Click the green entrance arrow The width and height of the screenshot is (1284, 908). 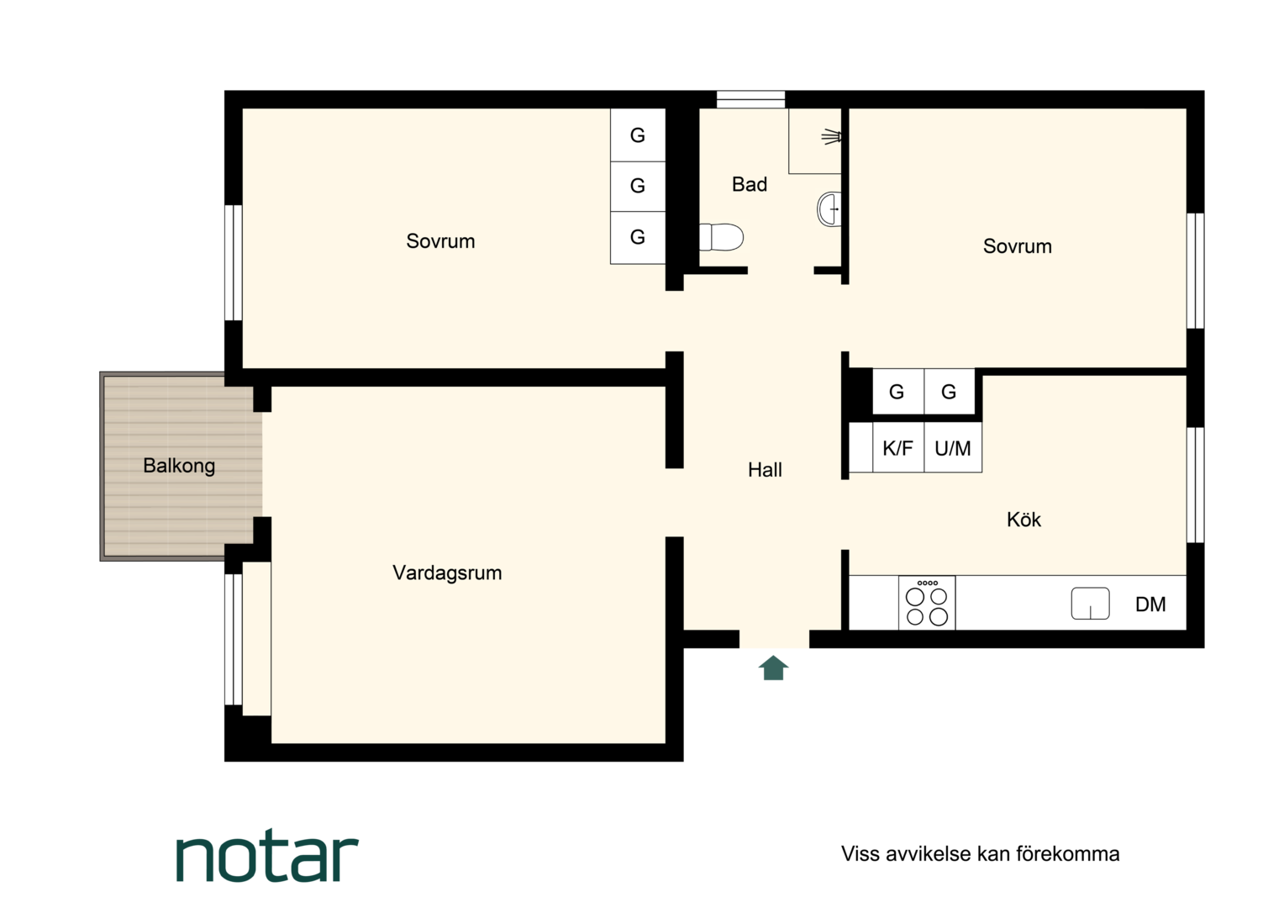773,668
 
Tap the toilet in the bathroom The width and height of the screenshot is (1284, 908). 721,237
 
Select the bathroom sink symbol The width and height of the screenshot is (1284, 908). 829,209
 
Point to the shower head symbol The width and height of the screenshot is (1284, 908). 831,137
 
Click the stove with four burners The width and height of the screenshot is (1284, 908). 927,602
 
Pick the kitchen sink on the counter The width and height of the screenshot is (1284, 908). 1090,604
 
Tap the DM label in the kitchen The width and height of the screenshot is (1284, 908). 1150,604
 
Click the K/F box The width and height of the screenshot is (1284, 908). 898,447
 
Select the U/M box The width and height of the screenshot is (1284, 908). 953,447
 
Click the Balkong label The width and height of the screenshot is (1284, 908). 179,466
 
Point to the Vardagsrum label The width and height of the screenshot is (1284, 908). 447,573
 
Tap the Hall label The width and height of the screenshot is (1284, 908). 765,470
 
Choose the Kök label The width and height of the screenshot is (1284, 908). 1024,520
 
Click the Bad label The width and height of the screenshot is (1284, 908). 750,185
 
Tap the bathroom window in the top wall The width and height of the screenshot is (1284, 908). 750,99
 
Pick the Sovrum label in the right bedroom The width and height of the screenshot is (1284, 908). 1018,246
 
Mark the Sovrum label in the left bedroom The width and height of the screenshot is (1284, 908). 441,241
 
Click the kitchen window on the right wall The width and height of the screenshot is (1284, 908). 1195,485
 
